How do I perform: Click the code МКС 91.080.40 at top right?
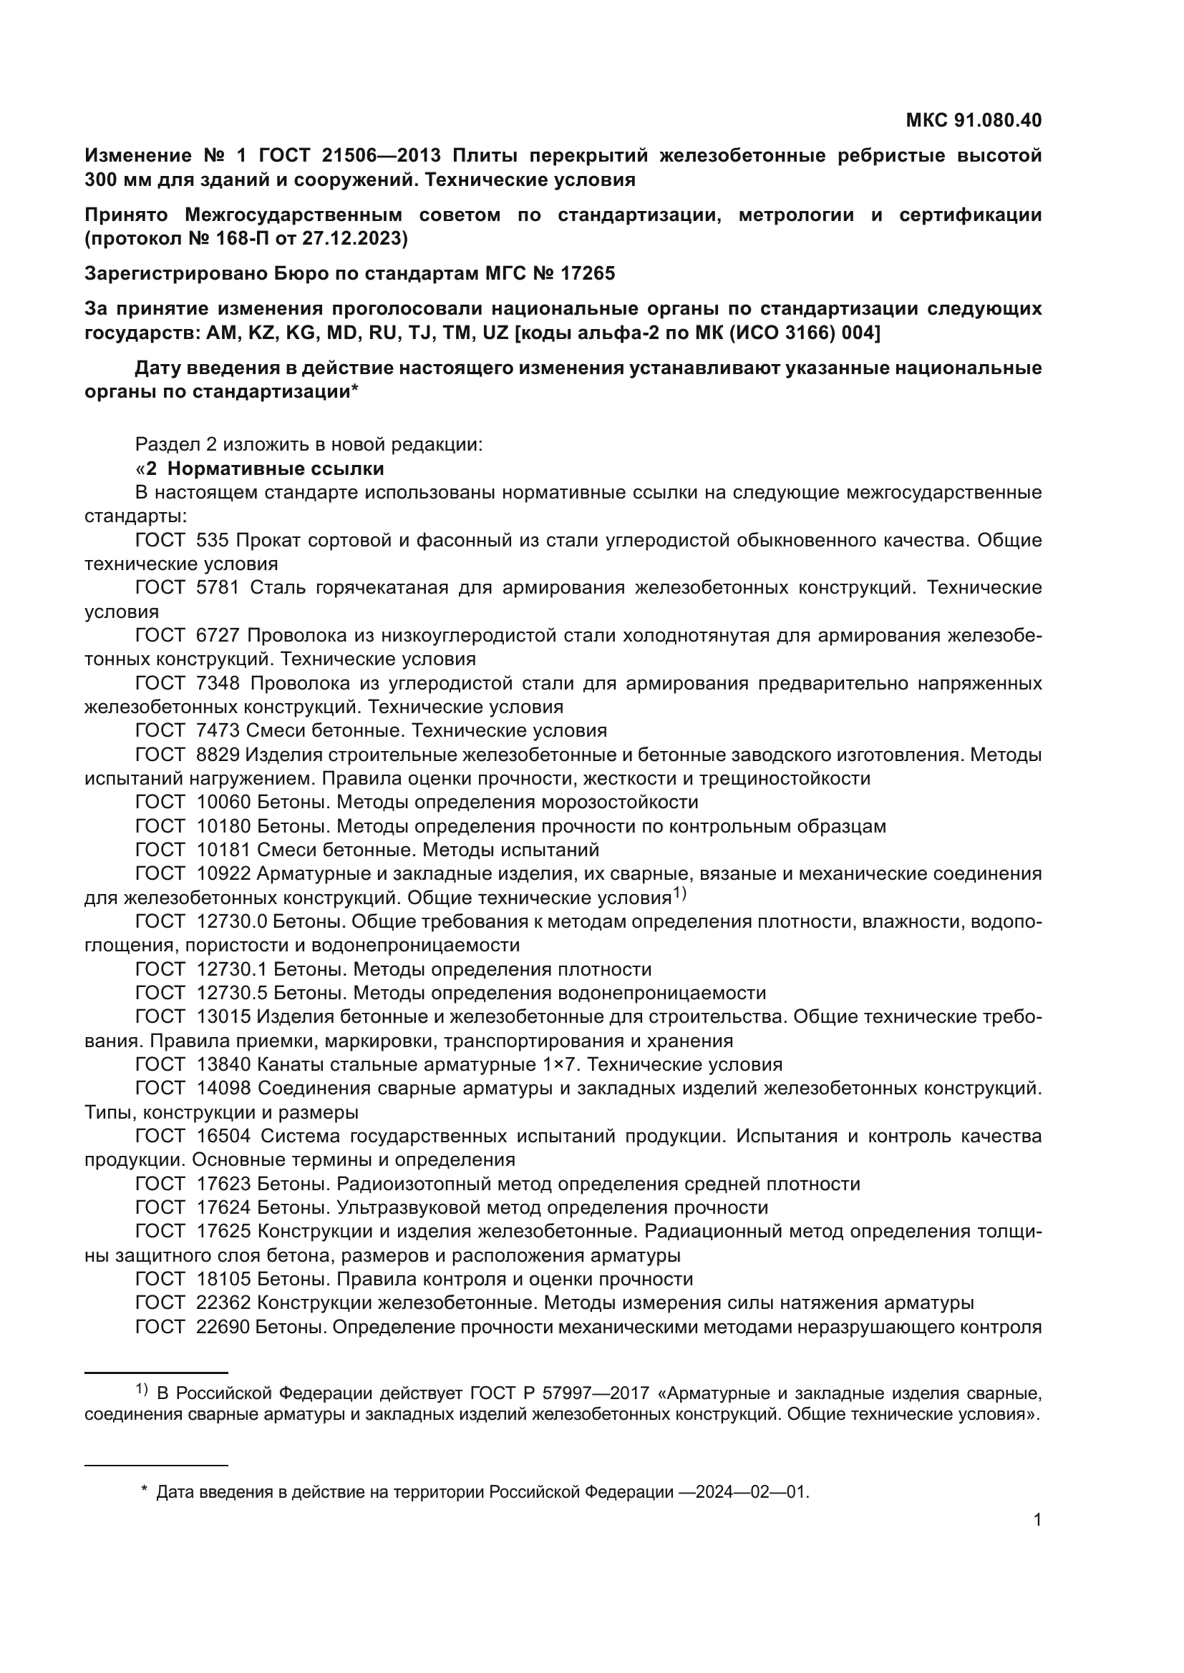tap(974, 120)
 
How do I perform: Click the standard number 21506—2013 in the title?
tap(379, 155)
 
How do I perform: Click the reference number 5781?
tap(218, 587)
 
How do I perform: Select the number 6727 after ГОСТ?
tap(218, 635)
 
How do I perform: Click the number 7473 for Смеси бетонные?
tap(218, 730)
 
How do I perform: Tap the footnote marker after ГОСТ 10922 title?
tap(679, 893)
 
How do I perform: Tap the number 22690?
tap(223, 1327)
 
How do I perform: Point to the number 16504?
tap(223, 1136)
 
